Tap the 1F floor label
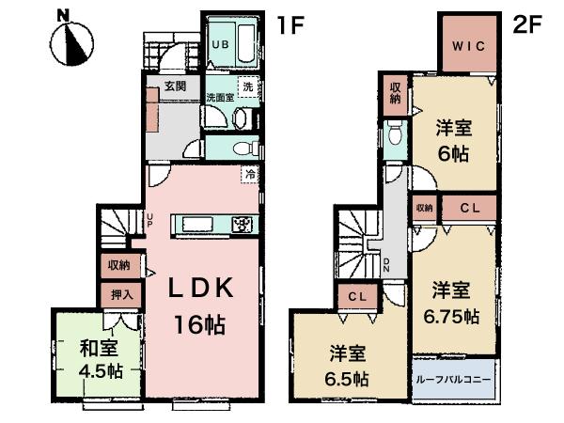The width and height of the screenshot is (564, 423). click(289, 25)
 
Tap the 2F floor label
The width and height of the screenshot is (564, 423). click(528, 25)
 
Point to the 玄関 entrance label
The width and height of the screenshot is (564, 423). click(175, 86)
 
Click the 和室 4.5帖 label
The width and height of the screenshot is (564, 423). click(99, 358)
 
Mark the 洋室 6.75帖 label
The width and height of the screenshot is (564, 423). click(454, 299)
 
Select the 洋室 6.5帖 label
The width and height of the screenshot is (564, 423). click(349, 366)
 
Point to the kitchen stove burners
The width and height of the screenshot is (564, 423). click(242, 225)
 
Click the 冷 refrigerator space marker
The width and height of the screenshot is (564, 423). click(249, 173)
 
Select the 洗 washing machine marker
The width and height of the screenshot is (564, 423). click(247, 87)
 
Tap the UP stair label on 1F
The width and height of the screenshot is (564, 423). click(149, 223)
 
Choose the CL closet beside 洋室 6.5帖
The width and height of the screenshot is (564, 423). click(356, 298)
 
